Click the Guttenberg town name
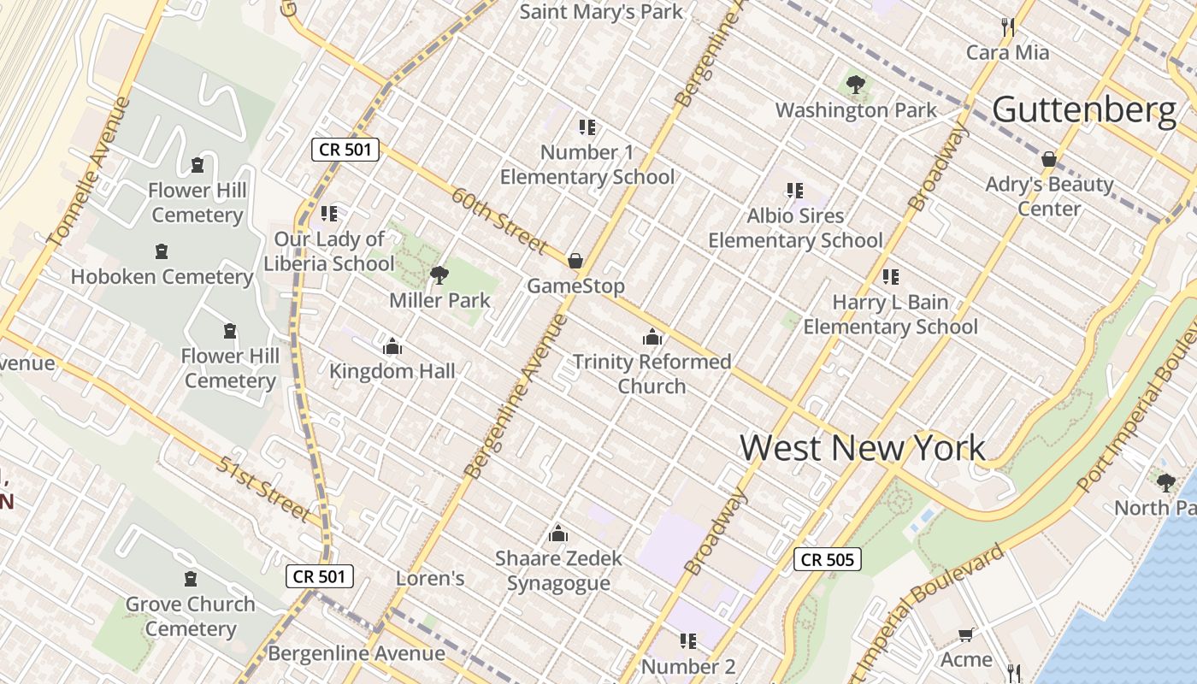pyautogui.click(x=1083, y=110)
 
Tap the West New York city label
pyautogui.click(x=862, y=448)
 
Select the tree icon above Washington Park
pyautogui.click(x=855, y=84)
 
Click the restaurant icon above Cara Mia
pyautogui.click(x=1008, y=27)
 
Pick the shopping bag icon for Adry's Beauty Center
pyautogui.click(x=1049, y=159)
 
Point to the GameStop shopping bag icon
pyautogui.click(x=575, y=260)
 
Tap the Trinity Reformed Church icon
pyautogui.click(x=652, y=337)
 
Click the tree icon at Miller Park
pyautogui.click(x=439, y=274)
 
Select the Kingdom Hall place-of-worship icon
pyautogui.click(x=392, y=346)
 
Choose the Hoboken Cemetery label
pyautogui.click(x=162, y=277)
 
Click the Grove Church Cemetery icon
pyautogui.click(x=190, y=579)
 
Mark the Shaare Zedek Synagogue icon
pyautogui.click(x=558, y=534)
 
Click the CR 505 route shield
pyautogui.click(x=827, y=560)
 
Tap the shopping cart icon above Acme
pyautogui.click(x=966, y=634)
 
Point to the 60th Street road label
pyautogui.click(x=500, y=221)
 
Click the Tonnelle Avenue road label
pyautogui.click(x=91, y=174)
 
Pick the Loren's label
pyautogui.click(x=430, y=579)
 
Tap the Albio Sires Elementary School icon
pyautogui.click(x=795, y=191)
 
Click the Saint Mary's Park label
pyautogui.click(x=601, y=12)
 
